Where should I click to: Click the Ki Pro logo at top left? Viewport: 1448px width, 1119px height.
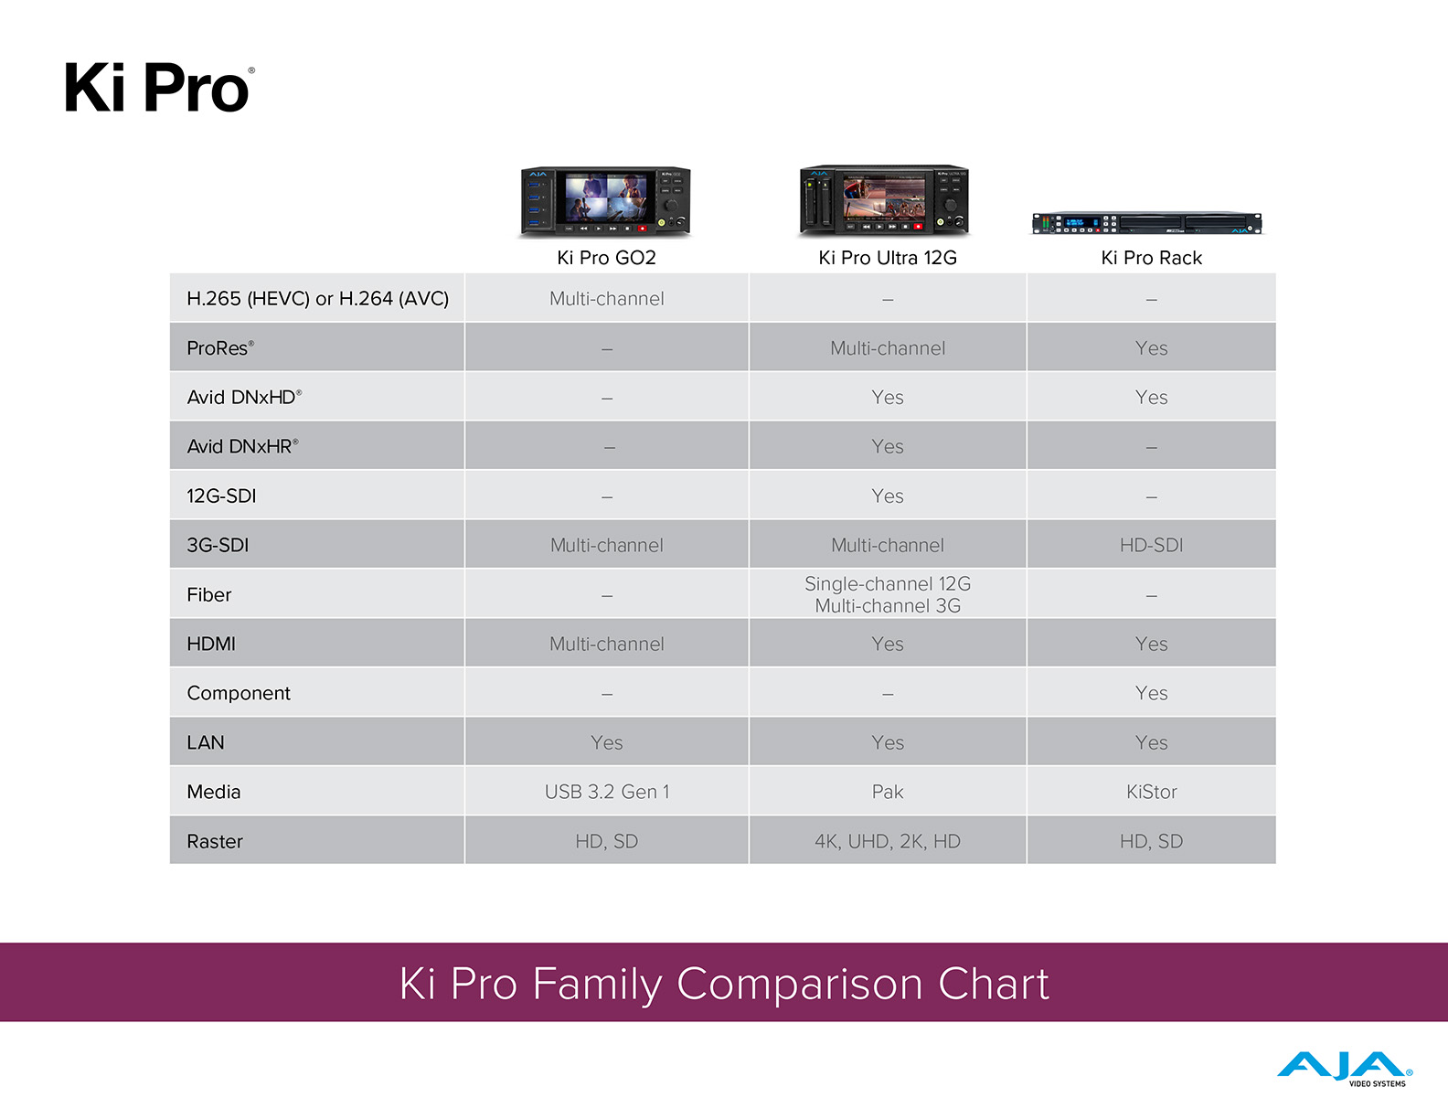[159, 87]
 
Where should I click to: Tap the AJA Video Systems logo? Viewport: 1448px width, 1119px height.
[1345, 1069]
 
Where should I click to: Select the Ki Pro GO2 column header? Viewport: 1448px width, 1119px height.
[606, 258]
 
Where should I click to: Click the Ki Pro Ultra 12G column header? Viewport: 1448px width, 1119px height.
[887, 258]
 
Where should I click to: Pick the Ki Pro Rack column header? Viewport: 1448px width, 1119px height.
[1151, 258]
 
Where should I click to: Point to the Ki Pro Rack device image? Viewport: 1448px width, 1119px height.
[1147, 223]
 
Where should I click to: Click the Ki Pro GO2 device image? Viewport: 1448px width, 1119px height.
[606, 201]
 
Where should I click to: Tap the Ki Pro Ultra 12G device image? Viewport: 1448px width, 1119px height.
[884, 200]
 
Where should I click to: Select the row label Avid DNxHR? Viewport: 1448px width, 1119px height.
[242, 446]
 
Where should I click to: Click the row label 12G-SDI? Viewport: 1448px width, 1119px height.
[221, 496]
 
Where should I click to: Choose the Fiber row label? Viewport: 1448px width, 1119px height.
[208, 594]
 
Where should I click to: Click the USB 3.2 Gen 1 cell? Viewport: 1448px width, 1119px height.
[606, 792]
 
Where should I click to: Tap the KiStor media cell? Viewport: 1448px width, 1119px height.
[1151, 792]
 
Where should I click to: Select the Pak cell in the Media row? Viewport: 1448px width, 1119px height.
[887, 792]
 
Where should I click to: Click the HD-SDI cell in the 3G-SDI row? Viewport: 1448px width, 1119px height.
[1151, 545]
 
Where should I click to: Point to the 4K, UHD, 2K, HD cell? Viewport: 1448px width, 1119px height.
[887, 841]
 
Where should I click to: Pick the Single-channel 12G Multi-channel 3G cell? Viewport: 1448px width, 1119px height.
[887, 594]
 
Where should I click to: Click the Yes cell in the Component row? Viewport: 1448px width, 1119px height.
[1151, 693]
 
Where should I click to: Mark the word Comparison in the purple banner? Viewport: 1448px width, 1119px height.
[800, 985]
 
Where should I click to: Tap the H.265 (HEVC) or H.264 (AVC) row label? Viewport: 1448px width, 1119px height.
[318, 299]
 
